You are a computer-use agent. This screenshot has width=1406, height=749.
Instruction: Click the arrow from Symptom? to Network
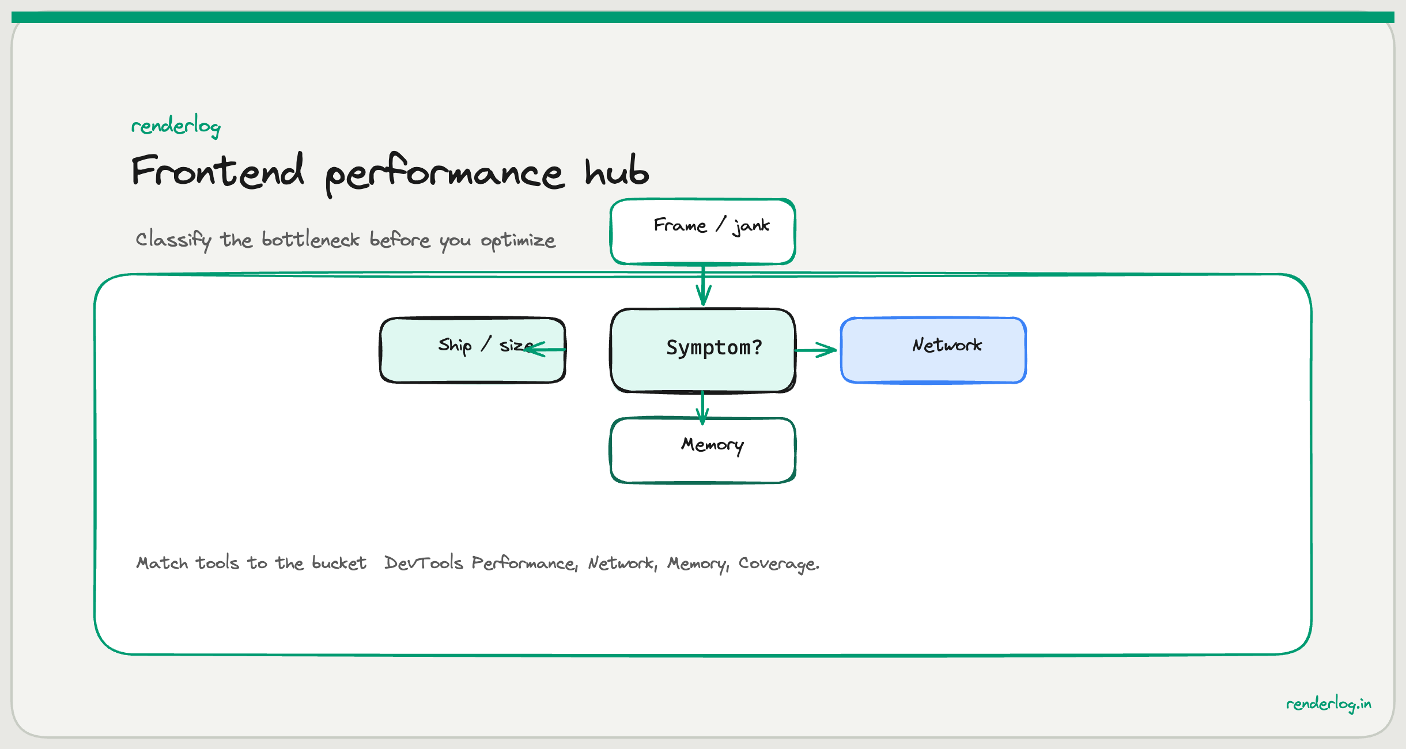click(x=816, y=350)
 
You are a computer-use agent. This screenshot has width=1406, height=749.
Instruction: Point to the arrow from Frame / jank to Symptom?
click(x=703, y=285)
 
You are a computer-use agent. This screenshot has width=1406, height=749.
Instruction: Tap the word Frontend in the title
click(x=218, y=171)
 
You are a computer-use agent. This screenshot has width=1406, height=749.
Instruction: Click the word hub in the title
click(x=617, y=171)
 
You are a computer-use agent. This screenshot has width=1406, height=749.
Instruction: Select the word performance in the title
click(x=444, y=173)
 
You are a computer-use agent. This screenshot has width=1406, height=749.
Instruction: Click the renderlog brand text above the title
click(x=176, y=126)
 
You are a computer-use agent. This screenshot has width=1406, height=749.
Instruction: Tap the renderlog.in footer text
click(x=1328, y=703)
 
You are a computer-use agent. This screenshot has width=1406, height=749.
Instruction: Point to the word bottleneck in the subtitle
click(x=310, y=239)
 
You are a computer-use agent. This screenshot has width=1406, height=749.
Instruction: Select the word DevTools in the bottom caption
click(x=424, y=563)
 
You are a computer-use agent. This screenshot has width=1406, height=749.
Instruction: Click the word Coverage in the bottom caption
click(x=778, y=563)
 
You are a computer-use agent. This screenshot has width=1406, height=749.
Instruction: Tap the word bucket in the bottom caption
click(x=339, y=563)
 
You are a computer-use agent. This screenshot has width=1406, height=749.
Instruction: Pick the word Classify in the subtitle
click(x=173, y=239)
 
